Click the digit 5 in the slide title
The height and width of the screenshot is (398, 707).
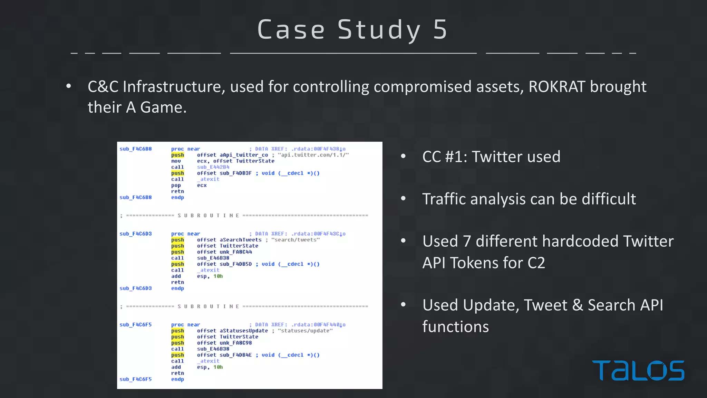coord(440,30)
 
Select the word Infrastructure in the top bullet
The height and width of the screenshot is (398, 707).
coord(174,87)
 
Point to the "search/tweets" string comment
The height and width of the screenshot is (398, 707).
coord(296,240)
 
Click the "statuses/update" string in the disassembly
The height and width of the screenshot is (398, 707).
coord(305,331)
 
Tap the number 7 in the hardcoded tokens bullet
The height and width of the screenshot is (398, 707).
coord(467,241)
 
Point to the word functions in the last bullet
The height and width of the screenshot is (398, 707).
coord(455,327)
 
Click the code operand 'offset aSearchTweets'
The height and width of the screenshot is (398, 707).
coord(229,240)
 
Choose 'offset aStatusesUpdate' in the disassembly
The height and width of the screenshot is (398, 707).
coord(232,331)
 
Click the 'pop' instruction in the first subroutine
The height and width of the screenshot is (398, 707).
coord(176,185)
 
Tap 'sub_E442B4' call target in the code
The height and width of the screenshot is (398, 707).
coord(213,167)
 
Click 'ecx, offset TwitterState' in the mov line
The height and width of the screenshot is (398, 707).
coord(235,161)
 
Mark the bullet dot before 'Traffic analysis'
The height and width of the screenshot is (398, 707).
coord(403,199)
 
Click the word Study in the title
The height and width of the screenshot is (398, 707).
coord(379,30)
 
